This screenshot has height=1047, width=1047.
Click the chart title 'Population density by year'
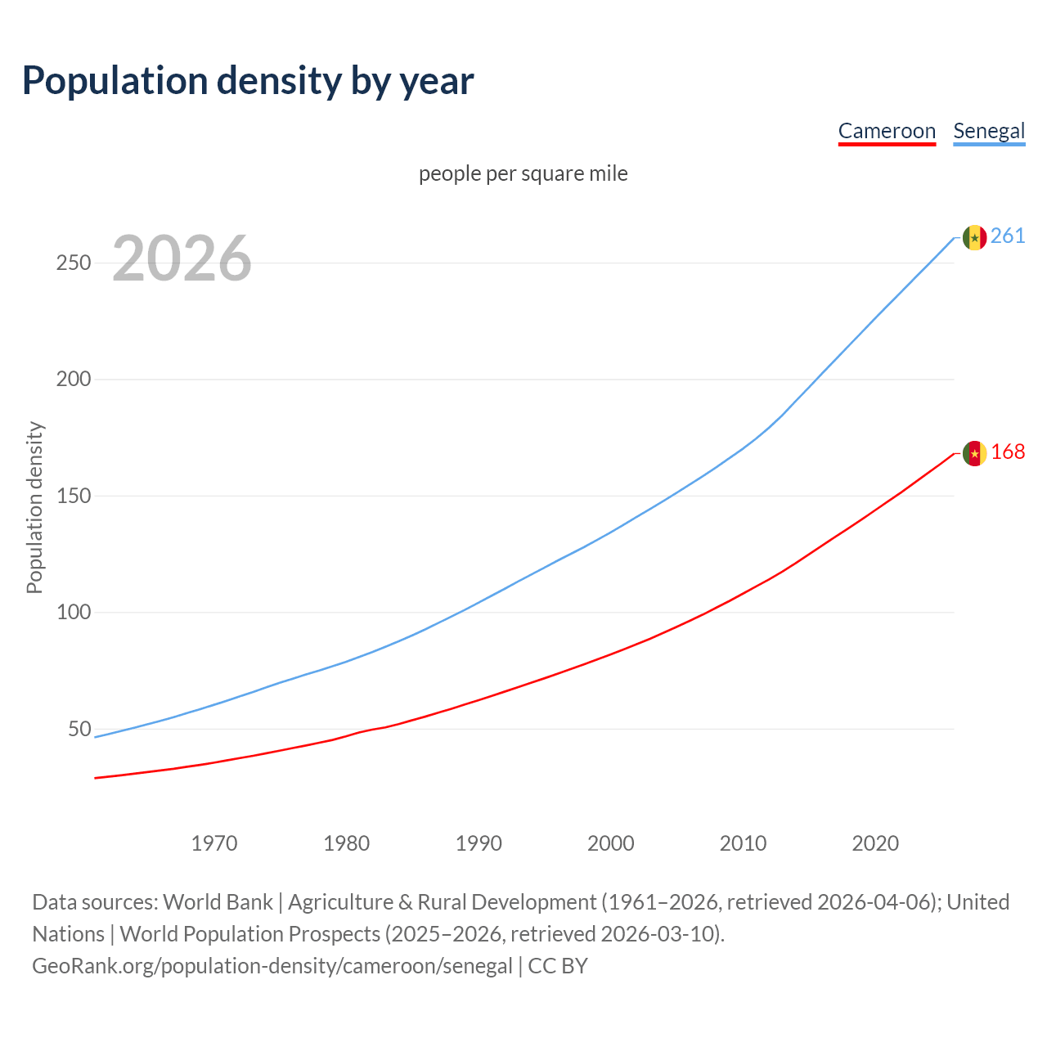pyautogui.click(x=248, y=81)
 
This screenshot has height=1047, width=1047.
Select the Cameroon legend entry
pyautogui.click(x=887, y=131)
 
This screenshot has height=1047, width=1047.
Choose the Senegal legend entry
pyautogui.click(x=989, y=131)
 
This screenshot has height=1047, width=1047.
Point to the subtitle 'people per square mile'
pyautogui.click(x=523, y=173)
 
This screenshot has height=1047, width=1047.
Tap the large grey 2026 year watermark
pyautogui.click(x=182, y=258)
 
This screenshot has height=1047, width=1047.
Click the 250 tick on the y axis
pyautogui.click(x=74, y=263)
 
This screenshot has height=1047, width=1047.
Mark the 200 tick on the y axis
pyautogui.click(x=74, y=380)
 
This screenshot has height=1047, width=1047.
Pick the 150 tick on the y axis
pyautogui.click(x=74, y=497)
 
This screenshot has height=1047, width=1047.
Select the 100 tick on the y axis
pyautogui.click(x=74, y=613)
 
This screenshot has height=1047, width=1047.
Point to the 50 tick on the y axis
pyautogui.click(x=79, y=729)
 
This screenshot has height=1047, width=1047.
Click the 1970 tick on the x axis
pyautogui.click(x=214, y=843)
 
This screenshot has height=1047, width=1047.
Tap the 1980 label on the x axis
pyautogui.click(x=347, y=843)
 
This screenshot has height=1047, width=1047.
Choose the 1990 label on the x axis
pyautogui.click(x=479, y=843)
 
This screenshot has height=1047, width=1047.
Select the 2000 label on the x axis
pyautogui.click(x=611, y=843)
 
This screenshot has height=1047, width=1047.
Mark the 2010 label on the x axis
pyautogui.click(x=743, y=843)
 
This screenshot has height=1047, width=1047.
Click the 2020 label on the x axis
pyautogui.click(x=875, y=843)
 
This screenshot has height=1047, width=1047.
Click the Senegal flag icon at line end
pyautogui.click(x=974, y=237)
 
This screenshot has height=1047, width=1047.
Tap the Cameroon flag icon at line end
pyautogui.click(x=974, y=453)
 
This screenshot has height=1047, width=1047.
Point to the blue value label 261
pyautogui.click(x=1008, y=236)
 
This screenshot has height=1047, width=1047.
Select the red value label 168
pyautogui.click(x=1008, y=452)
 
